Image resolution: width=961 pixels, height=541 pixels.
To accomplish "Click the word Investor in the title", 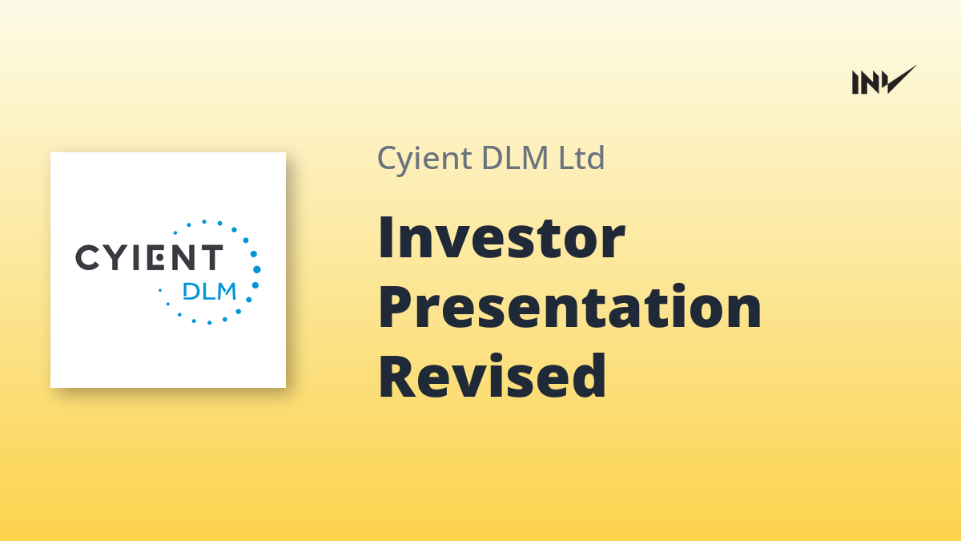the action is pos(501,237).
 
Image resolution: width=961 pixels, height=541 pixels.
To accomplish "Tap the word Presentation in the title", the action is pos(569,306).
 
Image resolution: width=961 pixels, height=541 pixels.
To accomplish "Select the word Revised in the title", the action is pos(492,376).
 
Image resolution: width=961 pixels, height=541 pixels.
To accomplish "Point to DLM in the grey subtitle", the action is pos(515,158).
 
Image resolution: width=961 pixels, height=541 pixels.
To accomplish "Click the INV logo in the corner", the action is pos(884,80).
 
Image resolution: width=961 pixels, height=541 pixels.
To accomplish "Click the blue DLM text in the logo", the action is pos(209,291).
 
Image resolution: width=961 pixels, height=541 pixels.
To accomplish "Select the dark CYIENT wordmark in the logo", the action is pos(149,257).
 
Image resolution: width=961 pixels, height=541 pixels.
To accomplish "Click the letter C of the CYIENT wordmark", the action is pos(87,257).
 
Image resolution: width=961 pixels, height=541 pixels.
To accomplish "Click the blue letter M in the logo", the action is pos(226,291).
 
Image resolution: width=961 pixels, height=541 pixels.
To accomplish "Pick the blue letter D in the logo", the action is pos(190,291).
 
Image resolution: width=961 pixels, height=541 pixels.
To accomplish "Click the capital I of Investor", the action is pos(386,238).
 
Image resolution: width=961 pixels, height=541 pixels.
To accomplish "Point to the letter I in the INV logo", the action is pos(855,83).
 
